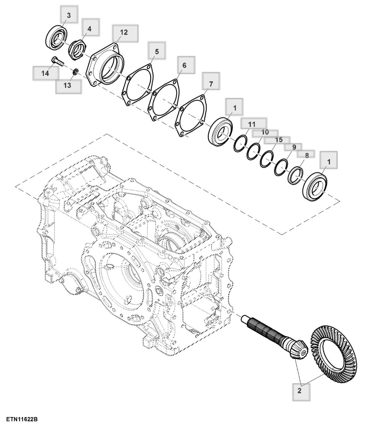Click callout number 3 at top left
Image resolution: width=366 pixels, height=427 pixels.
[69, 15]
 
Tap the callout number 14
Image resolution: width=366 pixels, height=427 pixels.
[45, 73]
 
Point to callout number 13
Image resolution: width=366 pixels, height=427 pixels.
[67, 85]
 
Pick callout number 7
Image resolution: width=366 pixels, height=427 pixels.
[211, 84]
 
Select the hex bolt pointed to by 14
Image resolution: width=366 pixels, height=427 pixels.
[58, 62]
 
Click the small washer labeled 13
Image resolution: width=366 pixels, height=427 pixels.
[76, 72]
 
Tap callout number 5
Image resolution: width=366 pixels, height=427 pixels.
[157, 52]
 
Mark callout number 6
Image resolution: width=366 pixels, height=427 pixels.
[184, 65]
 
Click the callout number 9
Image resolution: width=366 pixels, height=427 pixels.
[294, 147]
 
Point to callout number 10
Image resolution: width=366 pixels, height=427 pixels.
[265, 132]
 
